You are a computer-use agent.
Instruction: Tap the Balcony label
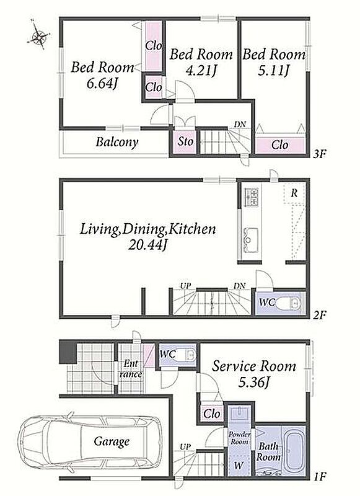coord(117,143)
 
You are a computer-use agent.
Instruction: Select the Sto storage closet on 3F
coord(185,141)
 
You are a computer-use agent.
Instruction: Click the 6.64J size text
coord(102,84)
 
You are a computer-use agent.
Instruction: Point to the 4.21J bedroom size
coord(201,71)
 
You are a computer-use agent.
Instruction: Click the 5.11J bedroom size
coord(274,71)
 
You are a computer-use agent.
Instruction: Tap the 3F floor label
coord(320,154)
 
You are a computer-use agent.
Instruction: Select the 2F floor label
coord(320,315)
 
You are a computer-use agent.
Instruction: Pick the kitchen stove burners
coord(252,196)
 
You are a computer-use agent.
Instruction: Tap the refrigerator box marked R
coord(294,193)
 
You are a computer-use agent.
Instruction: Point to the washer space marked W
coord(239,466)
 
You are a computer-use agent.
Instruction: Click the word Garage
coord(112,441)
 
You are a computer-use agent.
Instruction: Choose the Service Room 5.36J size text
coord(254,383)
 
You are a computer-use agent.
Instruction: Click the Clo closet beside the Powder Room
coord(212,414)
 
